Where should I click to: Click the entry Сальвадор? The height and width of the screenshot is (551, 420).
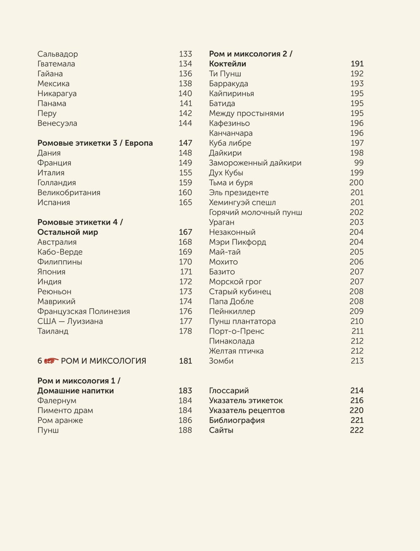[58, 54]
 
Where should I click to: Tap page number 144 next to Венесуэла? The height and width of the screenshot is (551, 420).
[185, 123]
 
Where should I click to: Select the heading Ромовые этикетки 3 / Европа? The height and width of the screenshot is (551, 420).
[95, 143]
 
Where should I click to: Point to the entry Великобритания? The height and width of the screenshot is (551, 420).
[69, 192]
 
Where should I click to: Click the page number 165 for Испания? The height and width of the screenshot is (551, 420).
[185, 202]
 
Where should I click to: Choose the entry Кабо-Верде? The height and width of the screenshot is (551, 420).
[60, 252]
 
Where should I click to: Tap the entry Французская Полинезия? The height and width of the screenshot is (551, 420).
[84, 311]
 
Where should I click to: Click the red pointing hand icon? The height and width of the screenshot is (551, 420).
[51, 361]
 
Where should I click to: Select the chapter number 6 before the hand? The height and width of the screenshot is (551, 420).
[40, 361]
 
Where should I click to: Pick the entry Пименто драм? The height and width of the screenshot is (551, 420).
[65, 410]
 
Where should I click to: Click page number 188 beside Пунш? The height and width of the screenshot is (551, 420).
[185, 430]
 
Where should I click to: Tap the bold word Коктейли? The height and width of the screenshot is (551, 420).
[228, 64]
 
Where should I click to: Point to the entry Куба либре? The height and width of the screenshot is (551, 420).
[230, 143]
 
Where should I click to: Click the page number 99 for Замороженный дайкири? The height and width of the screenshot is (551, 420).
[359, 163]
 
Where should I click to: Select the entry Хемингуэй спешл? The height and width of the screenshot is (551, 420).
[242, 202]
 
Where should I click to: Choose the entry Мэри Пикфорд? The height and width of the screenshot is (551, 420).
[238, 242]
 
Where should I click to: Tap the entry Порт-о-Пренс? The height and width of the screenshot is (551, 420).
[237, 331]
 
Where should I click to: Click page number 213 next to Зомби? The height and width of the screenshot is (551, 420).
[357, 361]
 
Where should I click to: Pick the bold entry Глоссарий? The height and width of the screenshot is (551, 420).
[229, 391]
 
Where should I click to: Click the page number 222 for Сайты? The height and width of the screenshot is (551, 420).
[357, 430]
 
